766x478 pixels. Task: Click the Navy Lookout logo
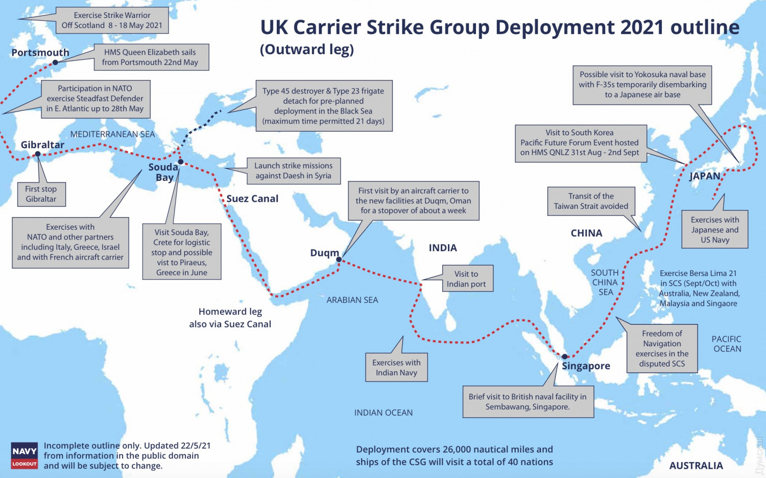click(25, 456)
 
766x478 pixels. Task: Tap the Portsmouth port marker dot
click(55, 63)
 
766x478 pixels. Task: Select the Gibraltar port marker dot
click(38, 154)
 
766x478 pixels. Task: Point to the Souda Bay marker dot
click(180, 162)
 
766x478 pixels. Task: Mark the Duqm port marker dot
click(339, 259)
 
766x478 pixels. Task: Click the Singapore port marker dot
click(565, 356)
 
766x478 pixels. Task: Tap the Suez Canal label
click(252, 199)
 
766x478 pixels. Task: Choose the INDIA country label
click(443, 248)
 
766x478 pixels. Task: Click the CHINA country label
click(586, 233)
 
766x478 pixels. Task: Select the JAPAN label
click(705, 176)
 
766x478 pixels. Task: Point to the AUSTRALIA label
click(696, 465)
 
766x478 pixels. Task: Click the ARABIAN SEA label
click(352, 300)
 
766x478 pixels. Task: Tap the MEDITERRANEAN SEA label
click(112, 134)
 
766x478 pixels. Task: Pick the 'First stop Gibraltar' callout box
click(41, 194)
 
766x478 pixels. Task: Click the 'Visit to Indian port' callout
click(466, 279)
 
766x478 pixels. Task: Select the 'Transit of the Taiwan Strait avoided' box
click(591, 201)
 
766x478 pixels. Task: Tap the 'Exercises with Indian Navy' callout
click(396, 368)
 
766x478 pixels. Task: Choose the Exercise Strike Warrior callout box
click(112, 20)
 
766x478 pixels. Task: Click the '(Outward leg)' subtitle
click(307, 50)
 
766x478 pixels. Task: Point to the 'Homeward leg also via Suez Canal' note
click(230, 318)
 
